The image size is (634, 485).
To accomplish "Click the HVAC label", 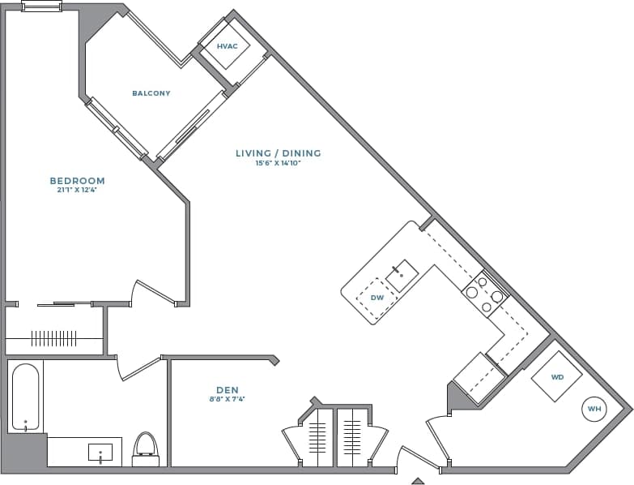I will [228, 46].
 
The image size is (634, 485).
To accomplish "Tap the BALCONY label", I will [151, 93].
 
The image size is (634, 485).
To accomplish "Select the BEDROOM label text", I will [77, 181].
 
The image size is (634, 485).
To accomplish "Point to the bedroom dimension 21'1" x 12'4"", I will [77, 191].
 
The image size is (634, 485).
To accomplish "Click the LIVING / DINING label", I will [278, 153].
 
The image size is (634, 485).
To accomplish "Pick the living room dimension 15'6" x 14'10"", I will [278, 163].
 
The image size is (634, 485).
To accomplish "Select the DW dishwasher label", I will [377, 298].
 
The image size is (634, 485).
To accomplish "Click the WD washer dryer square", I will [557, 377].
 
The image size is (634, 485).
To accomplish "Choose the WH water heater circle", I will [594, 410].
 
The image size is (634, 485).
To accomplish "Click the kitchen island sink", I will [402, 276].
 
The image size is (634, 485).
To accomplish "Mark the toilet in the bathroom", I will [146, 448].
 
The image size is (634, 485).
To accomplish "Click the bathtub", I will [25, 397].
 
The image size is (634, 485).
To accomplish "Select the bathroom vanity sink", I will [100, 452].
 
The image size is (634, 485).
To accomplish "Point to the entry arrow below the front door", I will [418, 480].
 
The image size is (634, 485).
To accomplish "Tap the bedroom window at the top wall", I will [41, 7].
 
